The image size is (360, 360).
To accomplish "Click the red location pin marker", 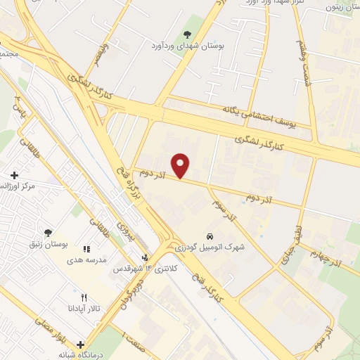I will (x=182, y=165).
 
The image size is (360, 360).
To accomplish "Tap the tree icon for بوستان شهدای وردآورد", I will (x=186, y=34).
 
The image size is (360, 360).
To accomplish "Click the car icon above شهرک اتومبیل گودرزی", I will (x=210, y=235).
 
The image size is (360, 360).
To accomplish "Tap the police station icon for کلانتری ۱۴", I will (x=144, y=258).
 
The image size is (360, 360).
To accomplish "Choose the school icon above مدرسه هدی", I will (x=86, y=249).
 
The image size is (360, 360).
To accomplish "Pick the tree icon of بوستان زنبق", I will (x=48, y=233).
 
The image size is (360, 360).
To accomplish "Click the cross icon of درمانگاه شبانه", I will (x=81, y=345).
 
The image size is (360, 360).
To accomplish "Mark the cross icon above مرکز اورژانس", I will (x=14, y=174).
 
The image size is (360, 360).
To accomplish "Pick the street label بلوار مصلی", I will (x=46, y=331).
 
